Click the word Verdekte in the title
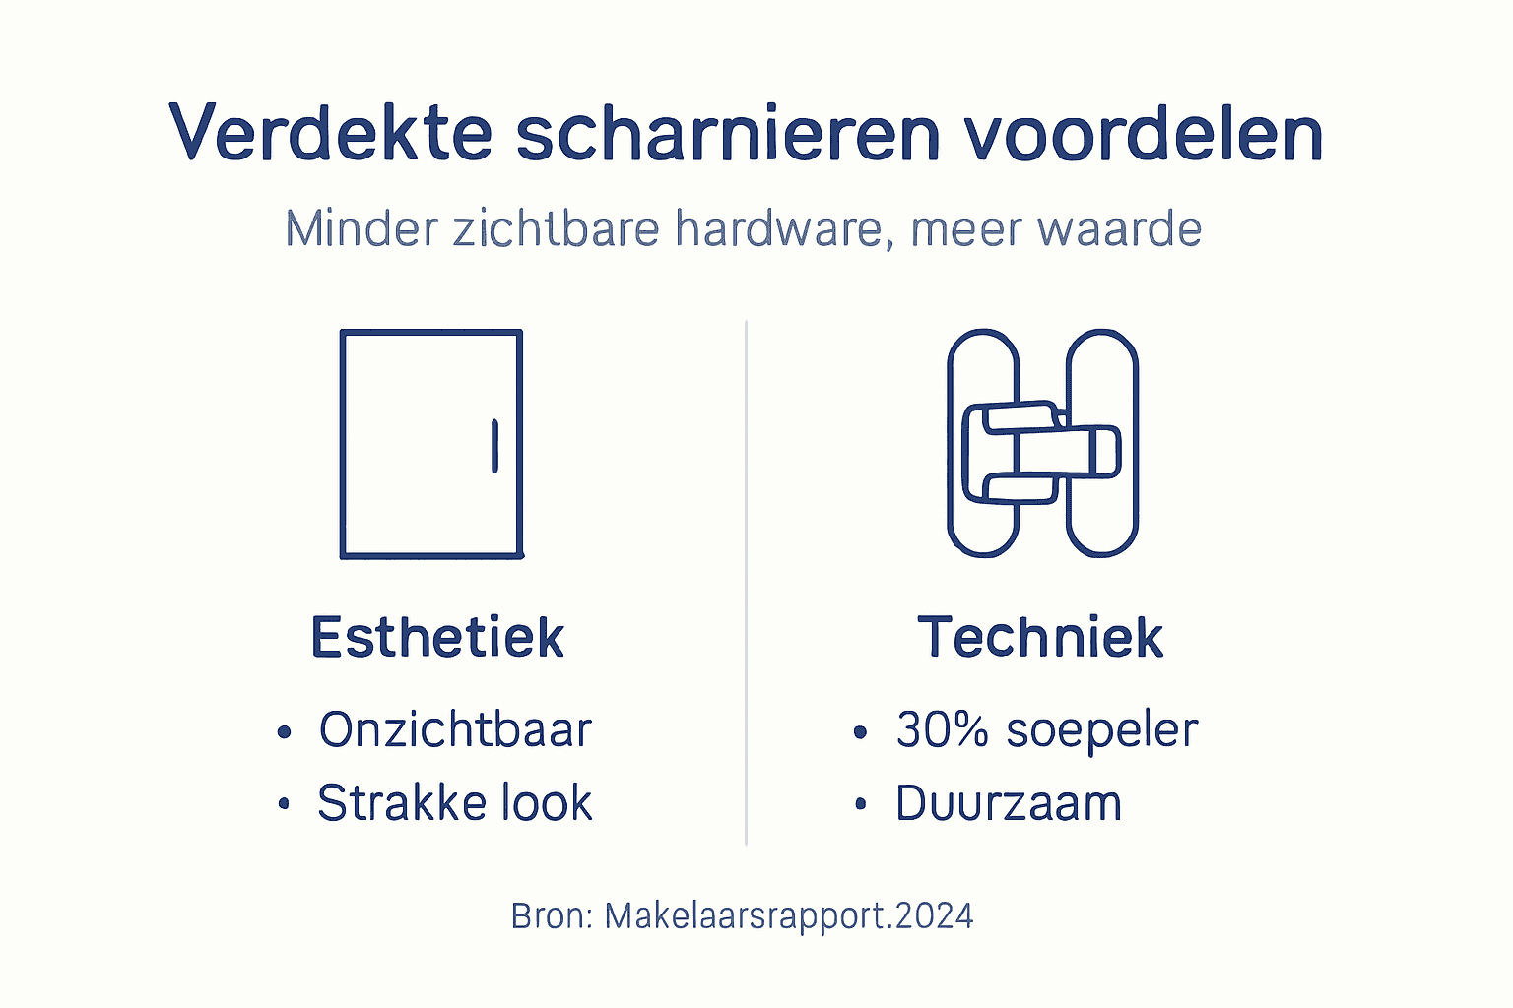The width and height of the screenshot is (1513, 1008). (x=330, y=133)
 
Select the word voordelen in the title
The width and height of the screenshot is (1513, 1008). (x=1143, y=133)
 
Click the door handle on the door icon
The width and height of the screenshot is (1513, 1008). (x=494, y=446)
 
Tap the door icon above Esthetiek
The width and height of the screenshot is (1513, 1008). (x=431, y=444)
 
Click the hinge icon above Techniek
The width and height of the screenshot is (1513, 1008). (x=1042, y=443)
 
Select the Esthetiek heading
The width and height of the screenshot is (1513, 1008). (x=437, y=637)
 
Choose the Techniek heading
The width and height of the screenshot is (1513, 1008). (x=1040, y=637)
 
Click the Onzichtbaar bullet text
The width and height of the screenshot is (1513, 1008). (x=455, y=729)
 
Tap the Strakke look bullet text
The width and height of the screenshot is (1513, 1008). (x=455, y=803)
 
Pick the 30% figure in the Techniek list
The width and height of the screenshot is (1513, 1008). (x=942, y=729)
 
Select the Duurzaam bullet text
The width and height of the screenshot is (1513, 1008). (x=1008, y=803)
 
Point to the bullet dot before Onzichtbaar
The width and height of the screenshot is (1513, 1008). (x=285, y=731)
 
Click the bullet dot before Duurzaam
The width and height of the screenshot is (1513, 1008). (x=861, y=804)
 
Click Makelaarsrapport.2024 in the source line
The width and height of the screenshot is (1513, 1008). (x=788, y=916)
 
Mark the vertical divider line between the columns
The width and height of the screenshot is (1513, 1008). (x=746, y=581)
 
